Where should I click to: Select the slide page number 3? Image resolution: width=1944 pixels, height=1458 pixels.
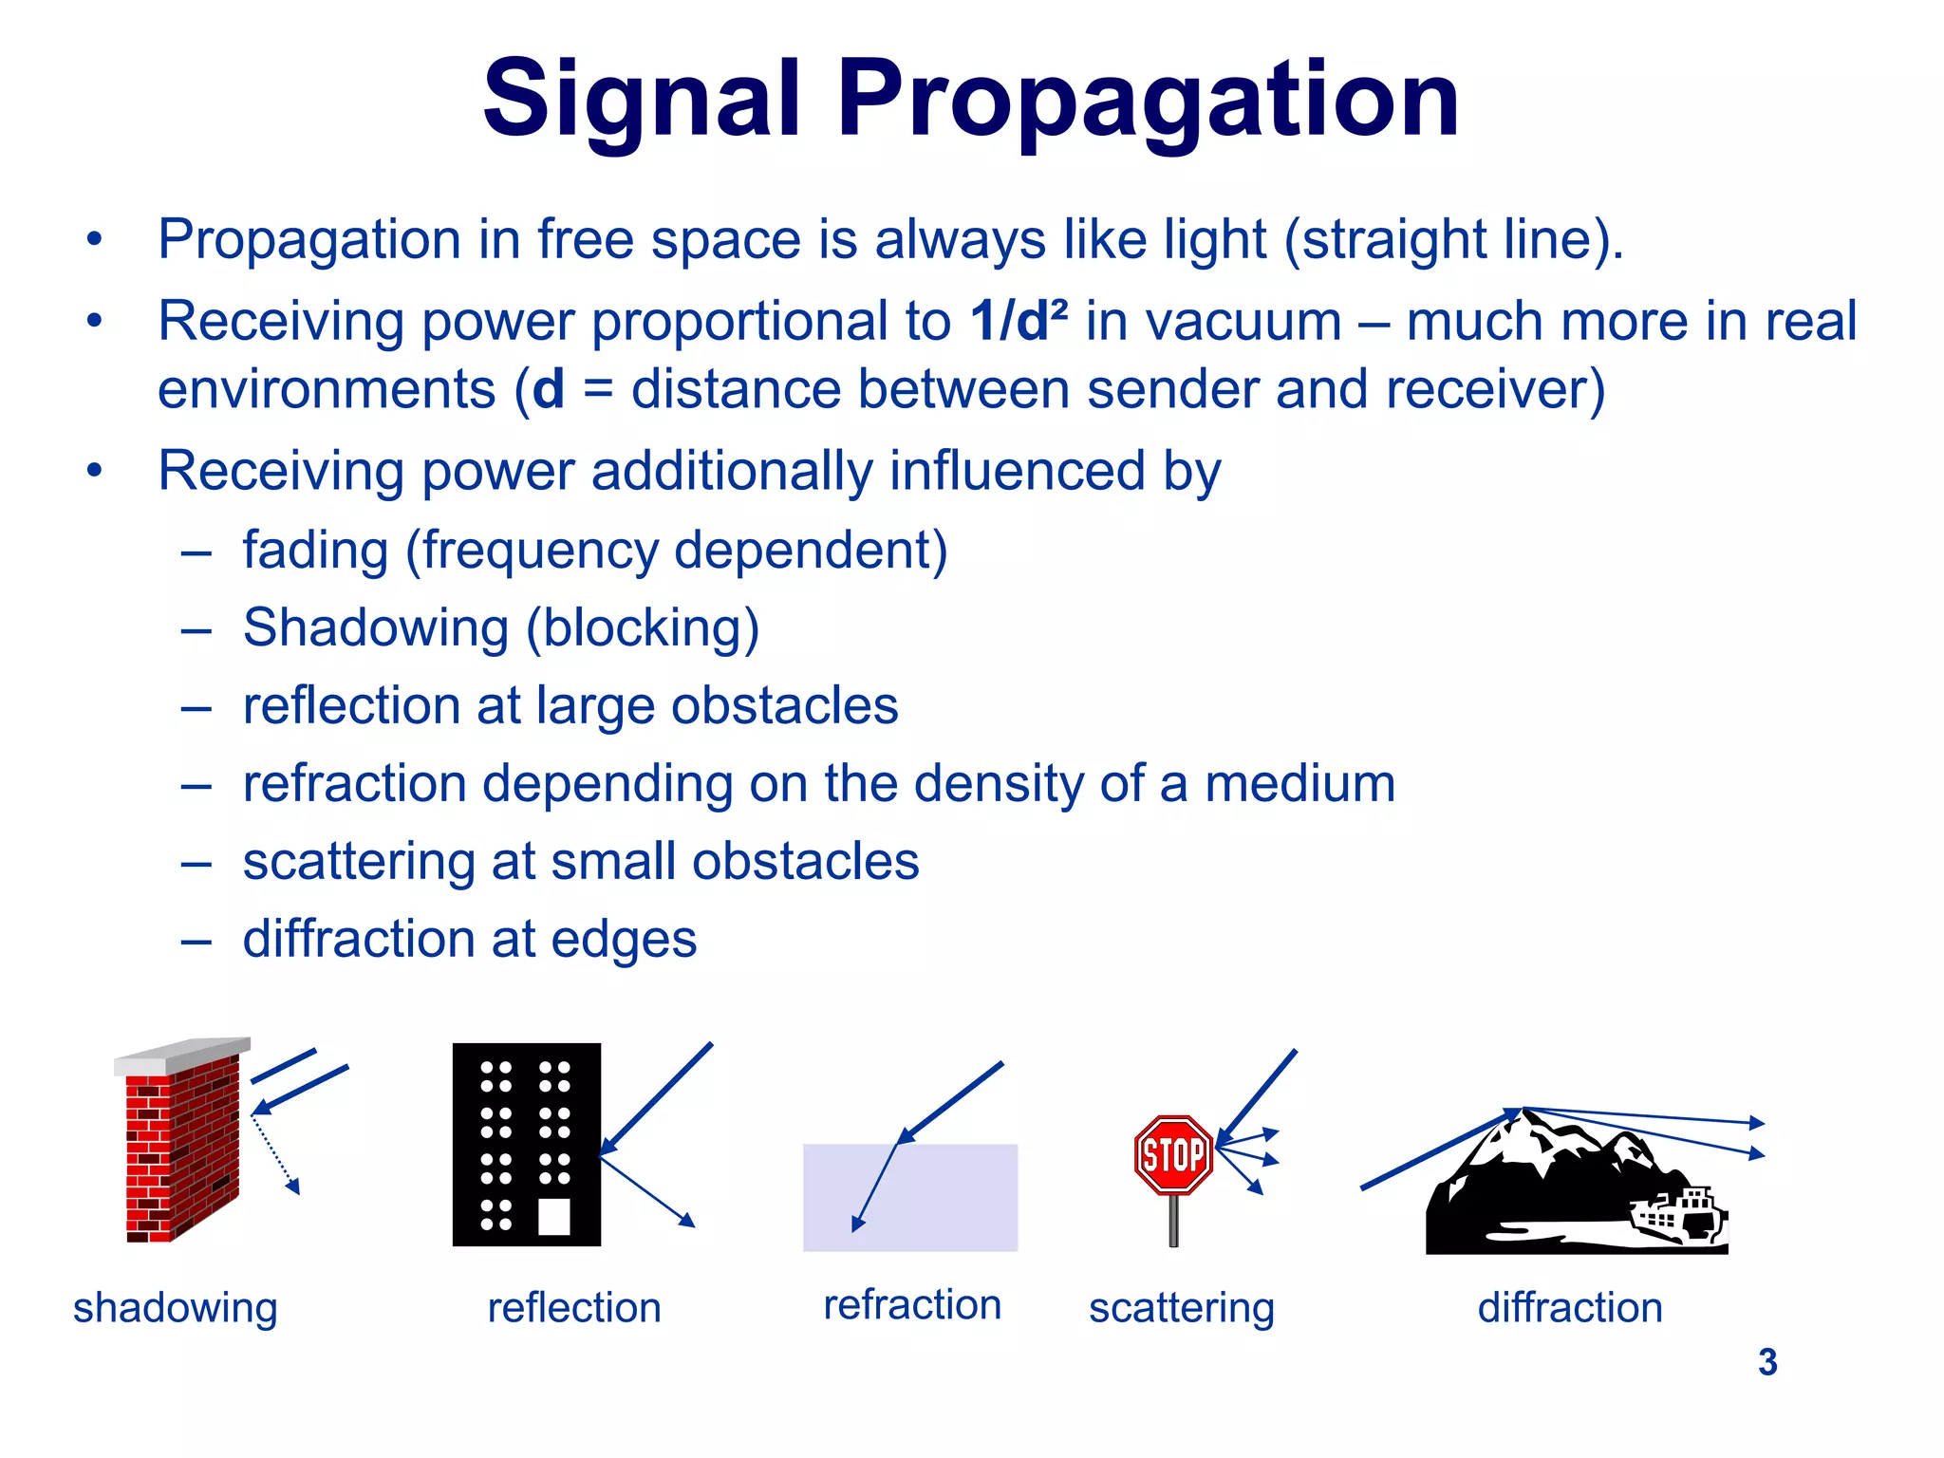point(1766,1362)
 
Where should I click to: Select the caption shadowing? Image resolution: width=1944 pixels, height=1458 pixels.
point(176,1308)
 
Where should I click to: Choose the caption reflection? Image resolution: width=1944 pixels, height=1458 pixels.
point(573,1308)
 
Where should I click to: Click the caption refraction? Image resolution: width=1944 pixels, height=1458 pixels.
point(911,1305)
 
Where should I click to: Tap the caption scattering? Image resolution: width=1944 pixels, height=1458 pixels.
point(1181,1308)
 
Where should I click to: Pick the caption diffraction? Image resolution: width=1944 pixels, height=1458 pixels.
point(1570,1308)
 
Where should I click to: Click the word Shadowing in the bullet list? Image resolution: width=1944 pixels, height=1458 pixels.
point(376,628)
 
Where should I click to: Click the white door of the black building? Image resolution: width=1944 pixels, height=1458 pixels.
point(554,1216)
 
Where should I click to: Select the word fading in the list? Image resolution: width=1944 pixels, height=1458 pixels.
point(315,551)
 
